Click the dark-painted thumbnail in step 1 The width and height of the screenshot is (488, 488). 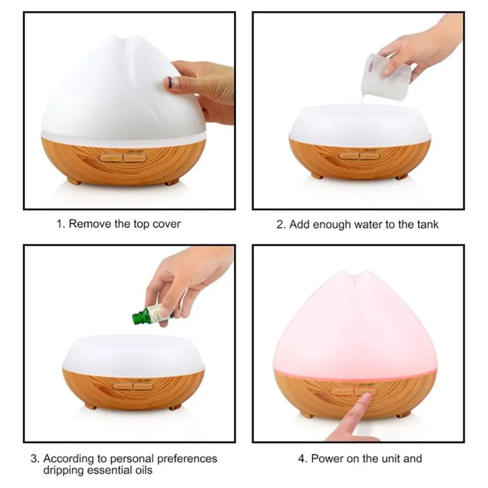tap(170, 82)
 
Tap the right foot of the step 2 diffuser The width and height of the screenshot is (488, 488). tap(401, 177)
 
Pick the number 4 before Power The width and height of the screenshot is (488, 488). tap(302, 459)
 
